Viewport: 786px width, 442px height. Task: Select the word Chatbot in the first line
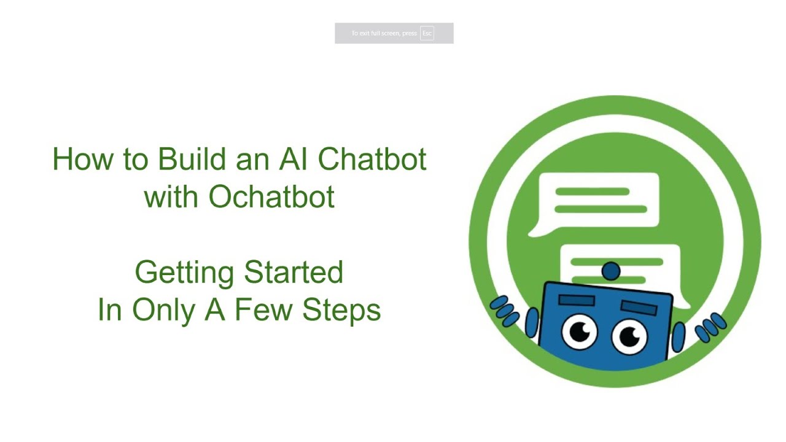click(372, 160)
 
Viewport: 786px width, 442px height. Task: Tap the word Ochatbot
click(271, 197)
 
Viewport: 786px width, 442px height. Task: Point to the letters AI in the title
click(294, 160)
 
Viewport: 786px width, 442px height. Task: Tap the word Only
click(163, 311)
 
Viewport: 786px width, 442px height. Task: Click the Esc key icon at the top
click(427, 33)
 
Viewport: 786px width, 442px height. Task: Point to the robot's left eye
click(580, 332)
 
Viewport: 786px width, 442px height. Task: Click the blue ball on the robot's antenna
click(611, 271)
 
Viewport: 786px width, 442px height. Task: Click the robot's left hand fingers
click(505, 310)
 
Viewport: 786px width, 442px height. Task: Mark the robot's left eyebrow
click(576, 299)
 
